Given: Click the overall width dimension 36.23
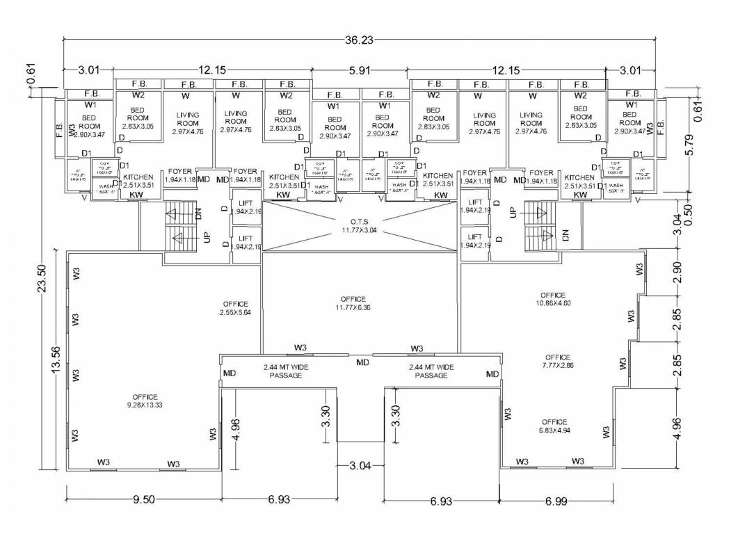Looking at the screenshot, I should (x=359, y=40).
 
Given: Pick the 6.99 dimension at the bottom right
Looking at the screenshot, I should (x=556, y=501).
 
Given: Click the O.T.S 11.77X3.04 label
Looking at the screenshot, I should (x=359, y=225).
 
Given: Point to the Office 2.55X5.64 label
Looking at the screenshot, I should (x=236, y=308).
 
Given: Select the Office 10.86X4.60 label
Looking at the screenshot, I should (x=553, y=299).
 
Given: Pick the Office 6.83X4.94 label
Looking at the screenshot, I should (x=554, y=426).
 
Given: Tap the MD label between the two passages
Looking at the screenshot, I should (x=363, y=362).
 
